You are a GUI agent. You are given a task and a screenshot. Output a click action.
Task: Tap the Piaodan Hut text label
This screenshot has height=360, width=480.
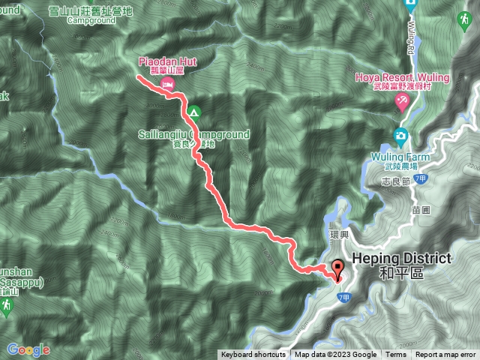[x=166, y=61]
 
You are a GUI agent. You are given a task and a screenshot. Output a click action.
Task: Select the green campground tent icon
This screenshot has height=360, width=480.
[x=193, y=113]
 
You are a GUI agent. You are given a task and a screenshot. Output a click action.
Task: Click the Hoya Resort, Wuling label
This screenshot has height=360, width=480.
[x=394, y=76]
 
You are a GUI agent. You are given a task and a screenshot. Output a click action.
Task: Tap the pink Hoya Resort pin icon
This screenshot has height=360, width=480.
[x=402, y=104]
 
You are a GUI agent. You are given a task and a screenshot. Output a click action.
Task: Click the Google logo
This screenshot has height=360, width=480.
[x=28, y=349]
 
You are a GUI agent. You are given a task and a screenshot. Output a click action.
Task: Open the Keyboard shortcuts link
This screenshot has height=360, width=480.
[x=253, y=355]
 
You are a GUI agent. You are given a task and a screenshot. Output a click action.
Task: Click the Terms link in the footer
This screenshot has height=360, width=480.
[x=396, y=355]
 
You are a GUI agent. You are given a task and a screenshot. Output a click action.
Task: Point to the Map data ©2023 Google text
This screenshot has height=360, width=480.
[x=335, y=355]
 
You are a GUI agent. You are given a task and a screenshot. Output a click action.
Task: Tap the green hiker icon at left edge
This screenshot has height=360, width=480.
[x=7, y=307]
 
